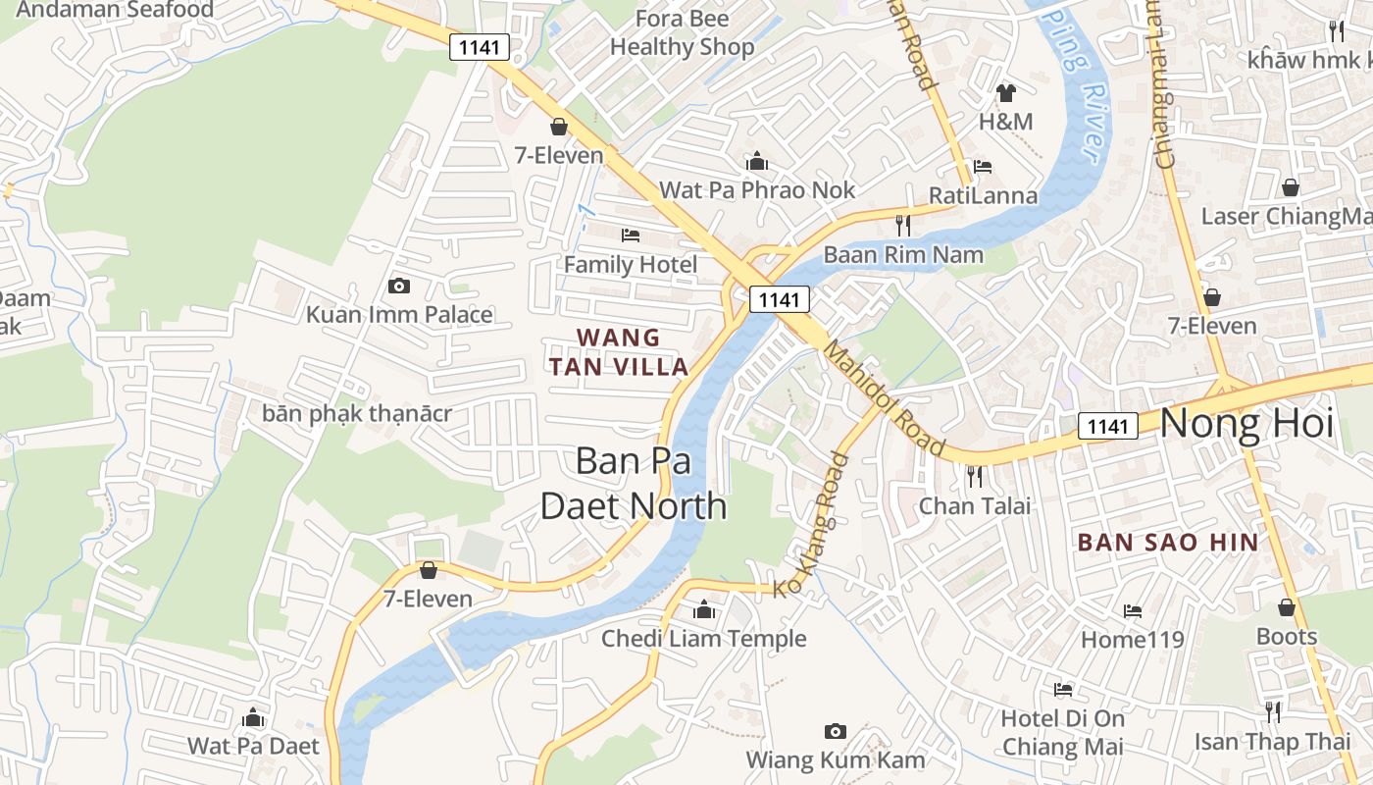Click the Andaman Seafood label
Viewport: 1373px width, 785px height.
tap(116, 10)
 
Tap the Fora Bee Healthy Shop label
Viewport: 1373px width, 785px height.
tap(683, 32)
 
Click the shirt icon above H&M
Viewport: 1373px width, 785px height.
tap(1005, 93)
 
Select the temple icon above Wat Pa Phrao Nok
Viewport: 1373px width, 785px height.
tap(756, 161)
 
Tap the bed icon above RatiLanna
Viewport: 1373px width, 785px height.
tap(983, 167)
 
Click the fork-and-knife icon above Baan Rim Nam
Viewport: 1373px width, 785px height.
tap(903, 226)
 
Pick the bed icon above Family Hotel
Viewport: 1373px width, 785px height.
tap(631, 235)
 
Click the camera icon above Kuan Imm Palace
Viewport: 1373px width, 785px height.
tap(399, 286)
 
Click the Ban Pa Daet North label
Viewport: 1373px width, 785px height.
tap(635, 483)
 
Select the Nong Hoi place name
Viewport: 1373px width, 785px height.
tap(1246, 424)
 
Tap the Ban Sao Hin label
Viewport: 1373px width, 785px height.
tap(1168, 542)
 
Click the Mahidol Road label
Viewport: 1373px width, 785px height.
tap(885, 399)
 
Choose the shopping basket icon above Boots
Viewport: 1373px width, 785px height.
tap(1287, 608)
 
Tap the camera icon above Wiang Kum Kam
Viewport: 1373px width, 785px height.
tap(836, 731)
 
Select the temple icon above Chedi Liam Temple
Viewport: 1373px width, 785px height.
tap(703, 610)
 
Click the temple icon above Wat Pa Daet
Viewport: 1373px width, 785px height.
tap(253, 718)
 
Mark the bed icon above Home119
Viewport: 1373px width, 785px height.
tap(1133, 611)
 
